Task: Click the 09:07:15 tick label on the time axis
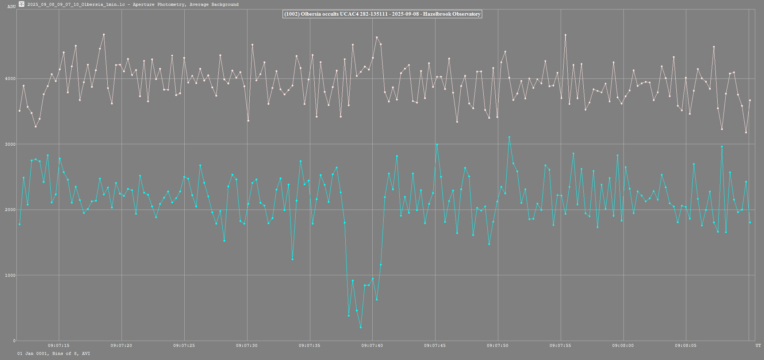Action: pos(58,345)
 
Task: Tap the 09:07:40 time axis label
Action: pos(372,345)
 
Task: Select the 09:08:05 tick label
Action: pos(686,345)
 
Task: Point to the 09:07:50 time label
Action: pos(498,345)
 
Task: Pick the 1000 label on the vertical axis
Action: pos(11,275)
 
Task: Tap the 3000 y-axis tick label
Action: pos(11,144)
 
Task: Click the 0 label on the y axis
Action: pos(14,341)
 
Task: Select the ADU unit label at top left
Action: pos(11,7)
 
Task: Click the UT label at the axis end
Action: pos(758,345)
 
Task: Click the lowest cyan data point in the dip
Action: pos(361,327)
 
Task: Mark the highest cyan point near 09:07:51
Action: pos(509,137)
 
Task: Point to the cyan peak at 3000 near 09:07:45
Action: pos(437,145)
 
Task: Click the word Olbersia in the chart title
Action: pos(311,14)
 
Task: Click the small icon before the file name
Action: pos(22,4)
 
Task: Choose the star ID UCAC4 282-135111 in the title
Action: pos(364,14)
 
